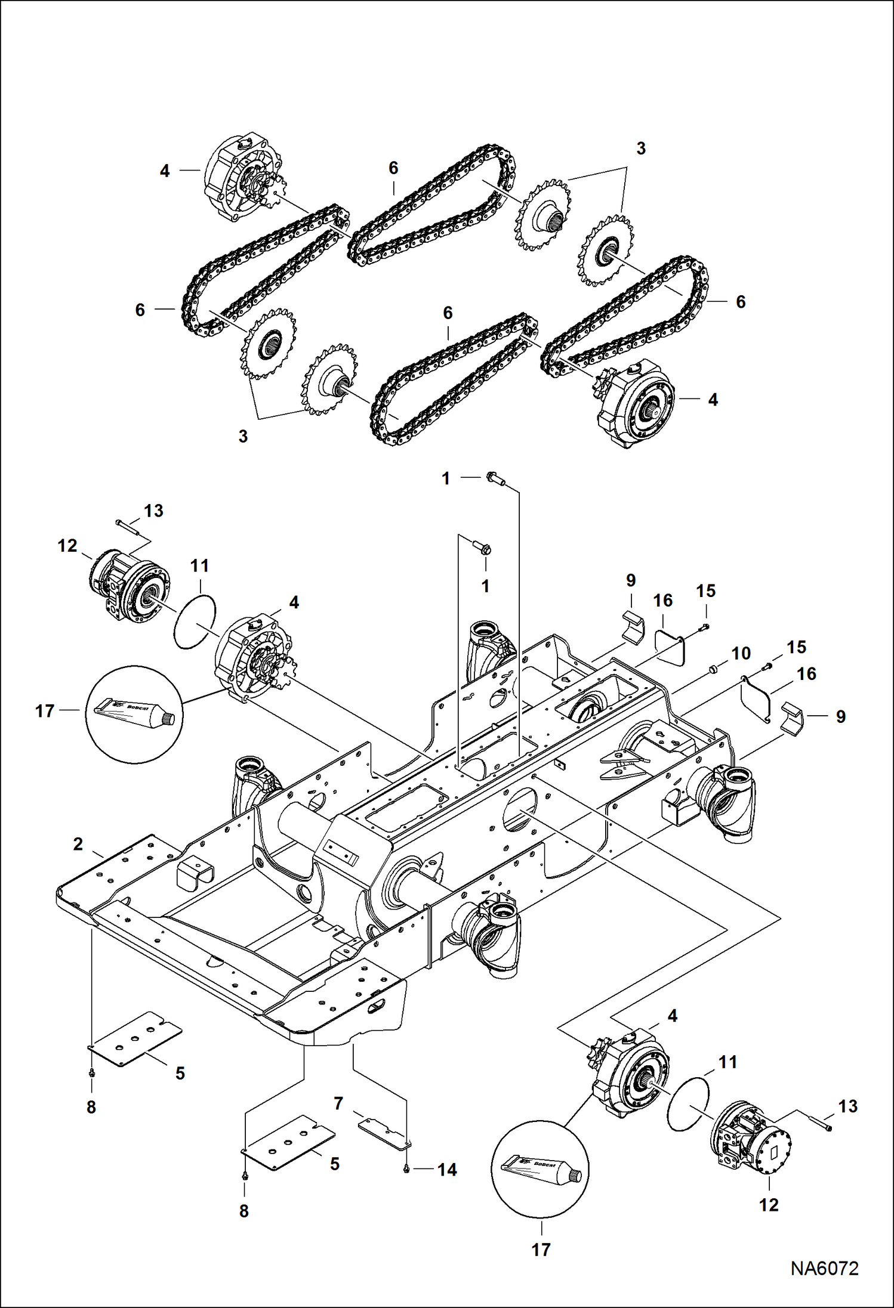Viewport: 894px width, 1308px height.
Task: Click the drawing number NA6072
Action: [824, 1268]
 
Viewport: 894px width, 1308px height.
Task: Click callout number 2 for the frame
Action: [78, 844]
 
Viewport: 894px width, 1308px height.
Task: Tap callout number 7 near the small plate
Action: [338, 1103]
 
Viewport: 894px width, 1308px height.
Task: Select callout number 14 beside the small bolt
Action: [447, 1170]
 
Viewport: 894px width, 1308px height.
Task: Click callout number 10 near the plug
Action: [741, 653]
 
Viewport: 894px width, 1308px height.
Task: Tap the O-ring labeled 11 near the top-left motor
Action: [195, 621]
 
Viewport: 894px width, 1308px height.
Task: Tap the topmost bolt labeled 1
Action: [497, 478]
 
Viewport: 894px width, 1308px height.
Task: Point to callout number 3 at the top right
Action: [640, 149]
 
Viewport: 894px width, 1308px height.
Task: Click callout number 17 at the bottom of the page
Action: [541, 1249]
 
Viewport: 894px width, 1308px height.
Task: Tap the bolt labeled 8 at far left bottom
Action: [91, 1072]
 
